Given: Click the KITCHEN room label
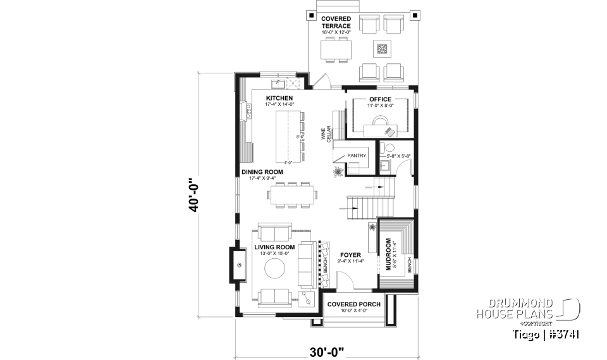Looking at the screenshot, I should coord(279,98).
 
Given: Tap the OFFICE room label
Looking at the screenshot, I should coord(380,99).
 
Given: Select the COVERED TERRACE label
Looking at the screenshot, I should coord(336,22).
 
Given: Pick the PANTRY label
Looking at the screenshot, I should coord(357,155).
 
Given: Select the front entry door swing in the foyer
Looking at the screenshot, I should coord(345,279).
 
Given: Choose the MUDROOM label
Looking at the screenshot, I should coord(387,253).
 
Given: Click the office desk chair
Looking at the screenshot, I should coord(389,132).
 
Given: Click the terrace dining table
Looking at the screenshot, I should coord(336,49).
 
